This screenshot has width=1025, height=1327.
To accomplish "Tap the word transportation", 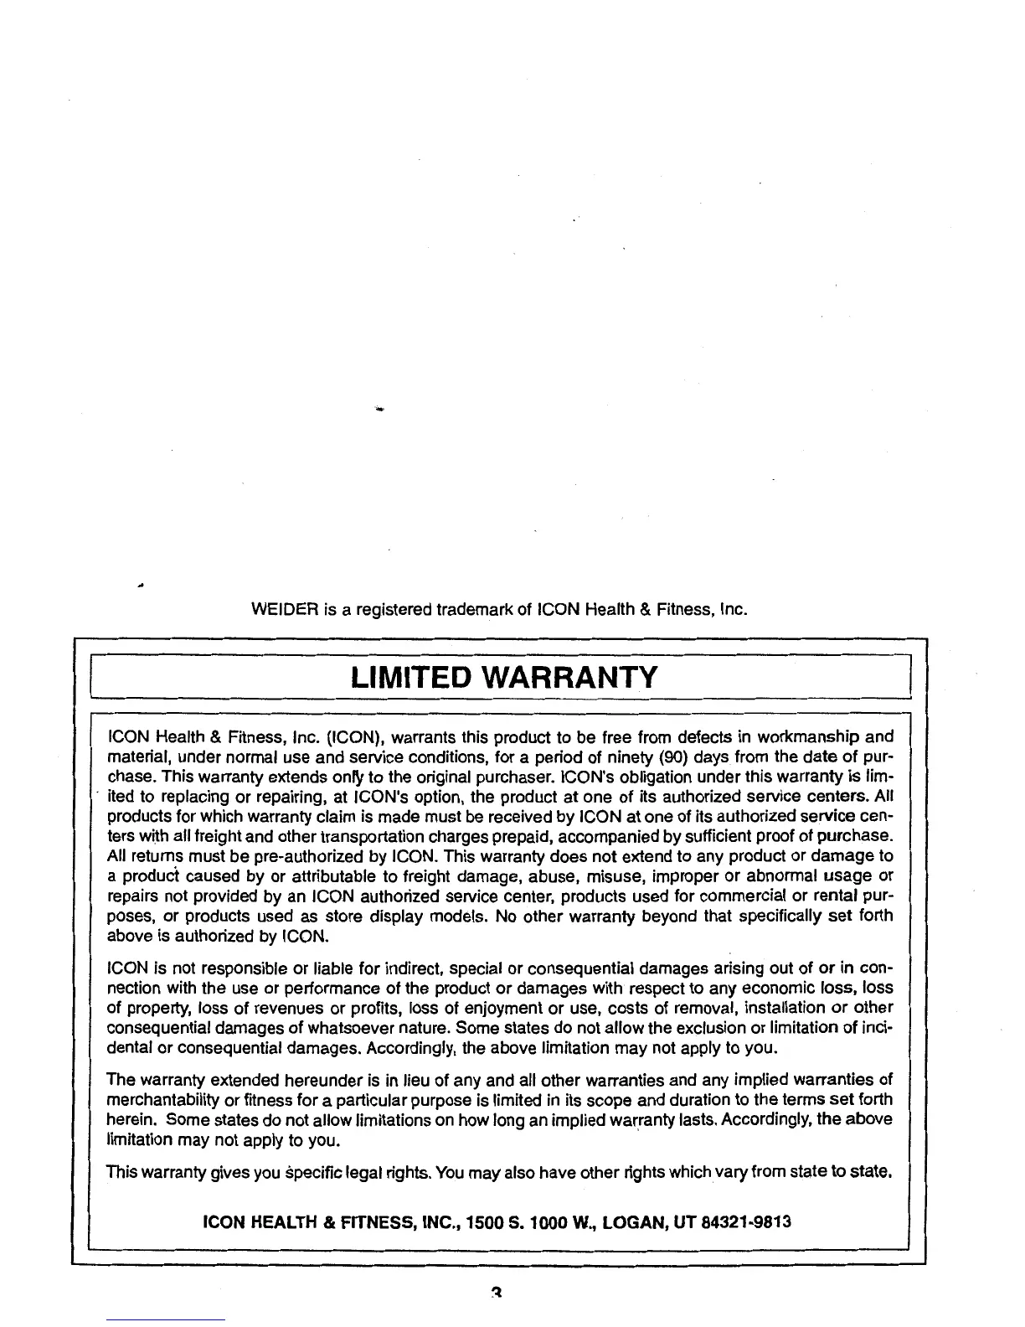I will tap(384, 837).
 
